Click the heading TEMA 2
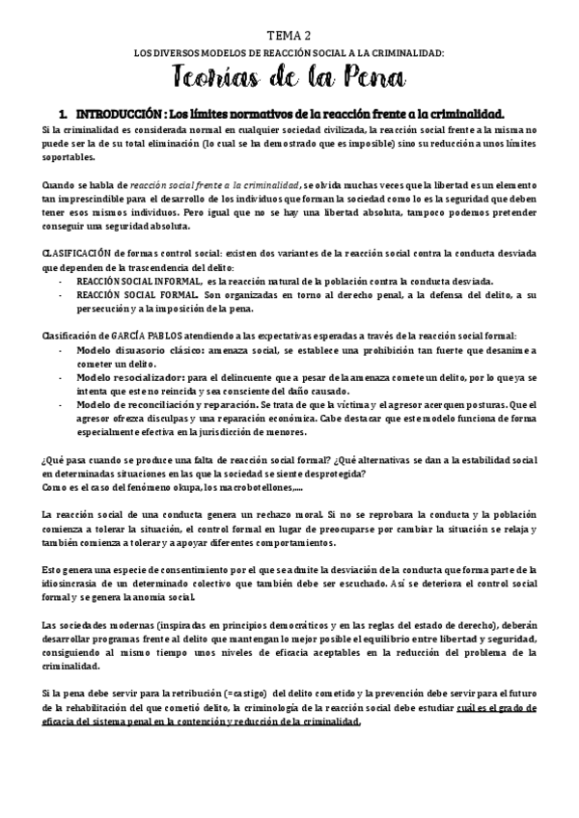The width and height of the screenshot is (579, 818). (x=289, y=34)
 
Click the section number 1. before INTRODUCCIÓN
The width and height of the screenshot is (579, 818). (x=63, y=113)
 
